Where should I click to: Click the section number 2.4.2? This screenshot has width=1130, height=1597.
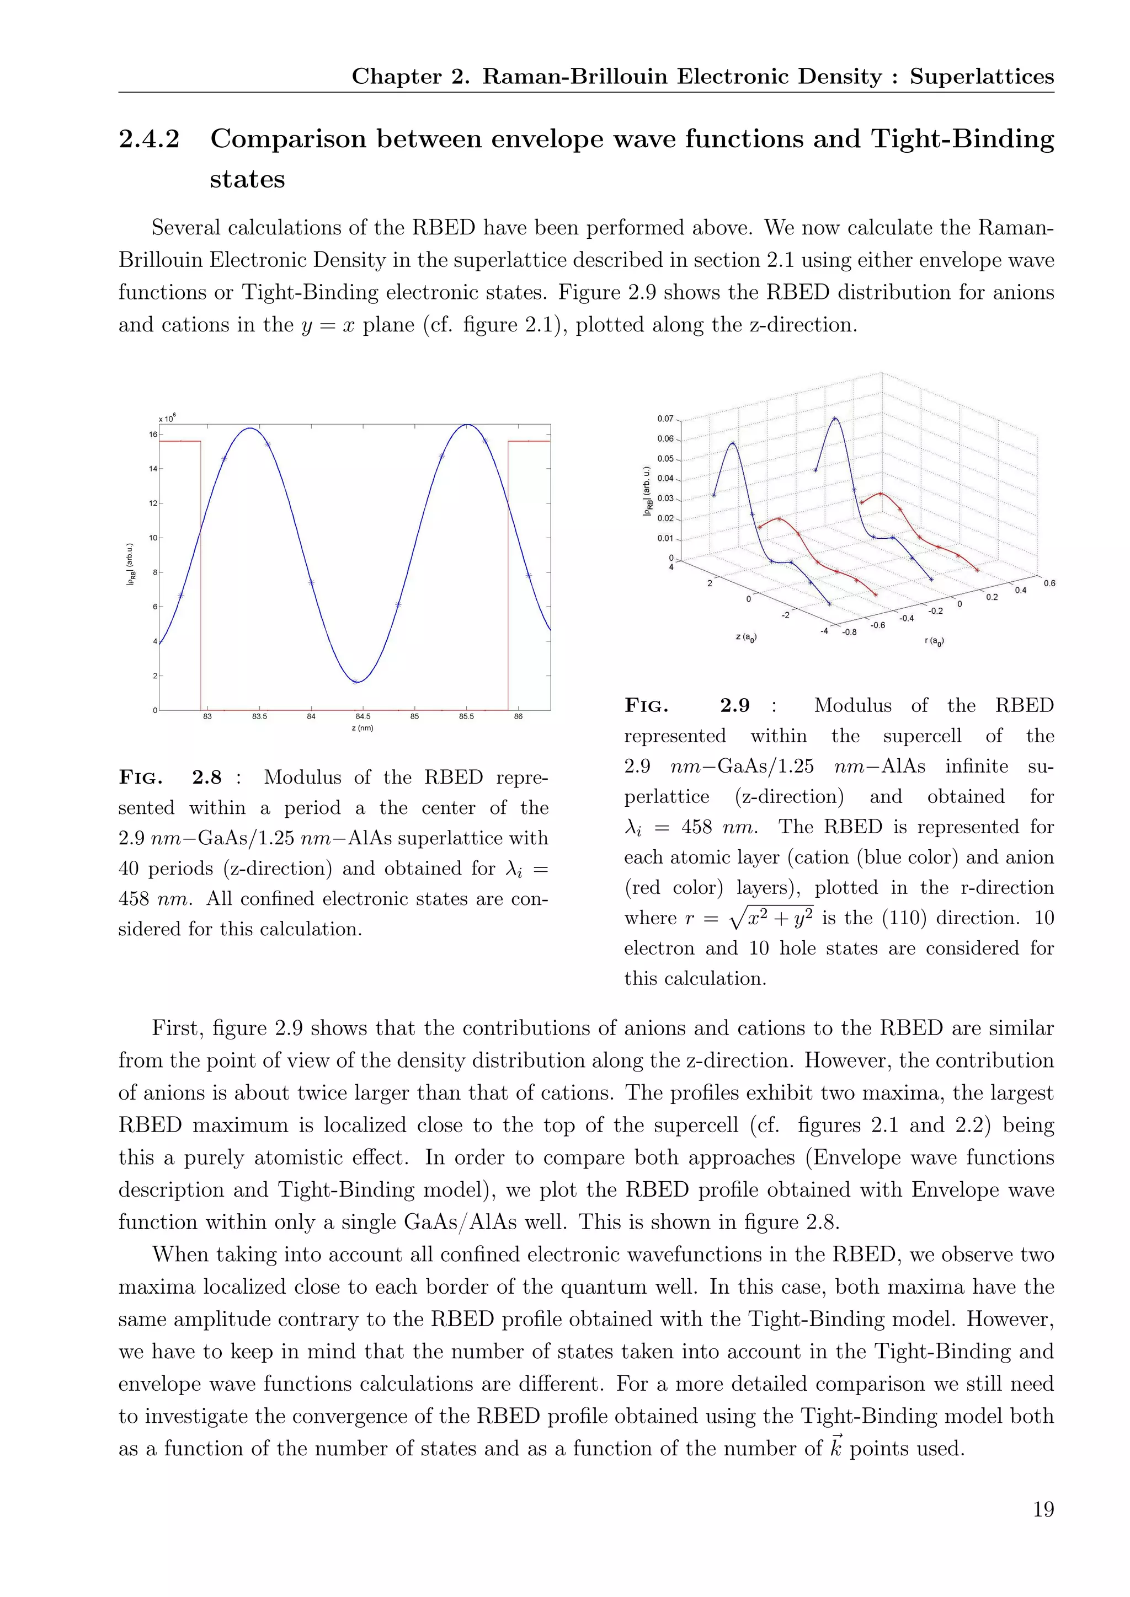149,139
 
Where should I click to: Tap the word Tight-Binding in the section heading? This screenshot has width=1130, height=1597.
962,139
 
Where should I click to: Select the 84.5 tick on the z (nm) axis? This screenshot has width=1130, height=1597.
363,716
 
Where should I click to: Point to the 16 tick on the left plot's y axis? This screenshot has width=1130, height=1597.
152,434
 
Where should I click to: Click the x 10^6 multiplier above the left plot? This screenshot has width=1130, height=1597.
167,418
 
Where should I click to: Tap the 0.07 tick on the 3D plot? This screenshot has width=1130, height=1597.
665,419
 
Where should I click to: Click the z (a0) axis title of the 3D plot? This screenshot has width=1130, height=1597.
747,636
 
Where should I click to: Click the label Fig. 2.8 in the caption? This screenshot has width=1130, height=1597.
170,777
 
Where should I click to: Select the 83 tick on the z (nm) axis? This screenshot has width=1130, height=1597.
207,716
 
